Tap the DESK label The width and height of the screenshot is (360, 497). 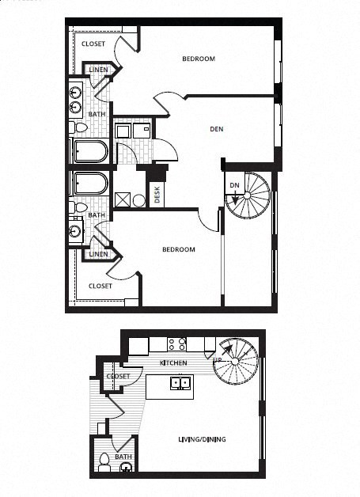click(157, 195)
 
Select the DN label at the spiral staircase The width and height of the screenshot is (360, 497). click(234, 185)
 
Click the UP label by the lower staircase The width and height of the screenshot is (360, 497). click(218, 361)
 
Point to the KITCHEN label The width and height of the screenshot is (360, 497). click(173, 362)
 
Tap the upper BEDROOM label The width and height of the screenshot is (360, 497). click(199, 59)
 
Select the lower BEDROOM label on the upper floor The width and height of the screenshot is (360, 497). click(178, 249)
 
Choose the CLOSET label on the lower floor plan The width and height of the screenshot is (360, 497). click(118, 376)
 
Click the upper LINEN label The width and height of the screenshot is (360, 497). click(98, 70)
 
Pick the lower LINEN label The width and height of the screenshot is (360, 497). click(98, 254)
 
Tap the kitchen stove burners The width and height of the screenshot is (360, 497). click(176, 344)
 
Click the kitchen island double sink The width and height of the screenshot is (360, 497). click(181, 383)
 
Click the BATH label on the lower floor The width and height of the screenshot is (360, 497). click(123, 457)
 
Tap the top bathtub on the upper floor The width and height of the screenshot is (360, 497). click(92, 150)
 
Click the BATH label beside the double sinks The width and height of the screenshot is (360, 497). click(97, 114)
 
